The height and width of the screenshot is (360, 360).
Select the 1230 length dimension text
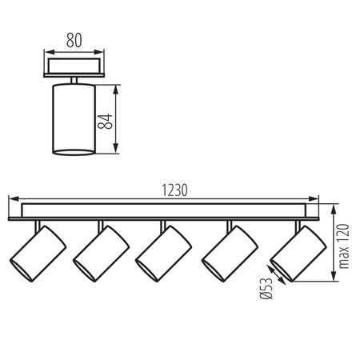pyautogui.click(x=174, y=190)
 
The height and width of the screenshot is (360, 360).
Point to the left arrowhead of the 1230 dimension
pyautogui.click(x=11, y=200)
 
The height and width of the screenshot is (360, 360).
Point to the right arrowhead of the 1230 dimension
pyautogui.click(x=317, y=200)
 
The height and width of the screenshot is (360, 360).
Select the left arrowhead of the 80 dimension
pyautogui.click(x=45, y=47)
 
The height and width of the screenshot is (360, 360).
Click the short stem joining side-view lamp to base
pyautogui.click(x=73, y=78)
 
